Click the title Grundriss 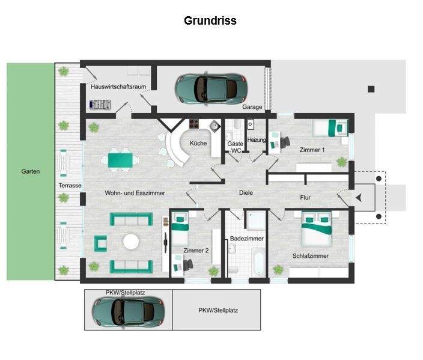pyautogui.click(x=210, y=21)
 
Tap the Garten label pyautogui.click(x=31, y=171)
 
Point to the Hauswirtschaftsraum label pyautogui.click(x=118, y=87)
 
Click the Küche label pyautogui.click(x=198, y=144)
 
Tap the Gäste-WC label pyautogui.click(x=235, y=147)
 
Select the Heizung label pyautogui.click(x=257, y=140)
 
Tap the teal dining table pyautogui.click(x=120, y=160)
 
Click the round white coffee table pyautogui.click(x=131, y=242)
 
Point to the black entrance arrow pyautogui.click(x=359, y=197)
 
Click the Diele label pyautogui.click(x=245, y=193)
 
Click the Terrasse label pyautogui.click(x=70, y=186)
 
